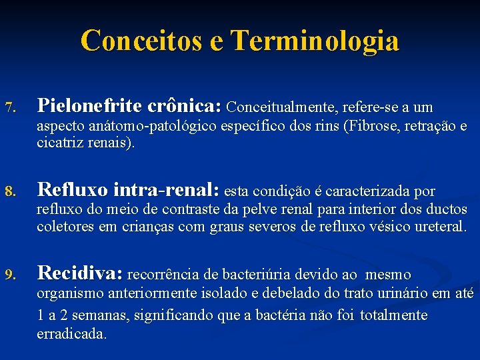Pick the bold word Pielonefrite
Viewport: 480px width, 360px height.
[89, 106]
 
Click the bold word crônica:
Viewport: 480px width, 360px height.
[184, 106]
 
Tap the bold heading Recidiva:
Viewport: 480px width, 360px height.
[80, 273]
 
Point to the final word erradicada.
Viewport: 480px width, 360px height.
[71, 333]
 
